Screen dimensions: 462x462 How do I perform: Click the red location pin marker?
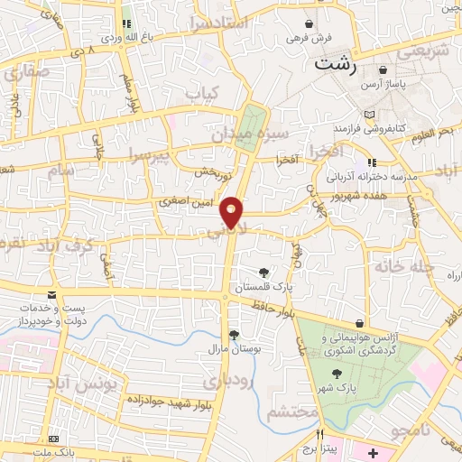tap(233, 211)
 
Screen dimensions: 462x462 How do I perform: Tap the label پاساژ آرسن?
tap(419, 84)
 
